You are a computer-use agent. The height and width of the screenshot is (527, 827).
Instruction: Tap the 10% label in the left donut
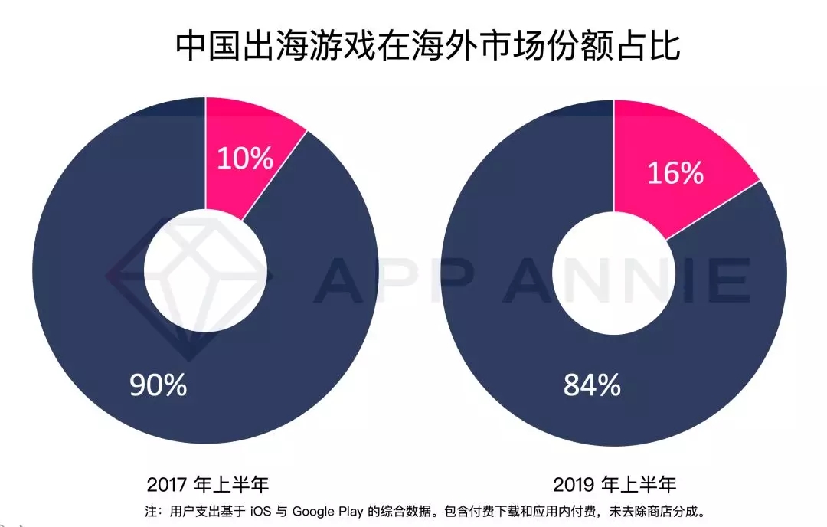(x=245, y=159)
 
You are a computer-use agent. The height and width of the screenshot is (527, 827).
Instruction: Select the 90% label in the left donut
(x=159, y=385)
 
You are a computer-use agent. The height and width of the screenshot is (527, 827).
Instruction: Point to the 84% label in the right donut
(x=592, y=385)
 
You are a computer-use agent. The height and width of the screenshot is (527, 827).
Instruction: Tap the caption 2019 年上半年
(x=615, y=485)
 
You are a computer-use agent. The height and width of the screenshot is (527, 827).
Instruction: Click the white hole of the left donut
(x=206, y=271)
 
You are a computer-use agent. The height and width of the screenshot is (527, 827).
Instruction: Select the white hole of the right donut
(x=614, y=271)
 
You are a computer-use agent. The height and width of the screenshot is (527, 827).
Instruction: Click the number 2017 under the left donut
(x=168, y=485)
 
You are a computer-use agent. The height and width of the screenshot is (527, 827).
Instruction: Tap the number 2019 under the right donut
(x=575, y=485)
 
